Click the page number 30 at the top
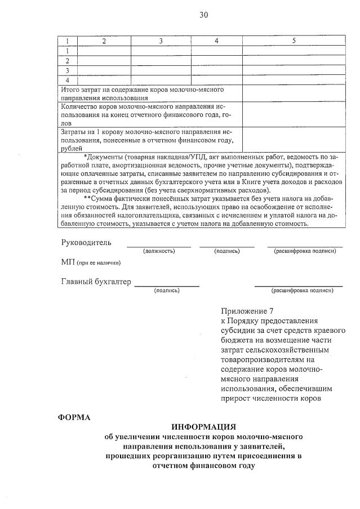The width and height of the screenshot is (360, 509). coord(203,15)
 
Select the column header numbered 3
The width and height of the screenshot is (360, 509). coord(161,41)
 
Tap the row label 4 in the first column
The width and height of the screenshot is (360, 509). coord(68,80)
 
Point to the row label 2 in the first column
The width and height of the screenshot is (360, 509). coord(68,61)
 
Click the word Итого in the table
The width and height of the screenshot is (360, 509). coord(70,90)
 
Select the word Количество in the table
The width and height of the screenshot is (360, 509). coord(79,106)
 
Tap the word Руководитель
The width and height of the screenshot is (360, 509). coord(86,243)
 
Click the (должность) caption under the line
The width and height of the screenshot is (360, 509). coord(159,251)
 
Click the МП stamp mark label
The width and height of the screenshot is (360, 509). coord(68,262)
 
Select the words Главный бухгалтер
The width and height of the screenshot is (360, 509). coord(96,282)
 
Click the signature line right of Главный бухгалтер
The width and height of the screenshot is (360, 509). coord(166,285)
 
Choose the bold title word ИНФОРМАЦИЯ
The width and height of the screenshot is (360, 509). coord(204,427)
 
